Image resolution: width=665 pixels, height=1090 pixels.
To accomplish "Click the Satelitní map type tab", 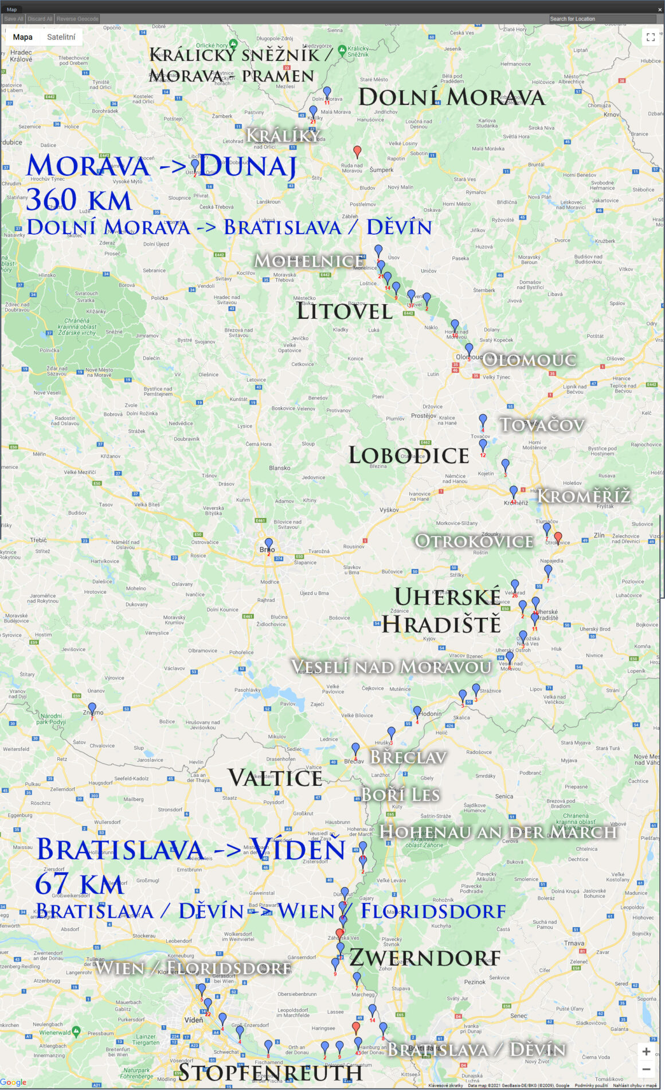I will click(x=61, y=37).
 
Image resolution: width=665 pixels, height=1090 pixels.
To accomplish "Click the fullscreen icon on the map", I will click(x=650, y=37).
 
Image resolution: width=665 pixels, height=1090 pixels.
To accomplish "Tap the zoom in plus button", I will click(x=646, y=1052).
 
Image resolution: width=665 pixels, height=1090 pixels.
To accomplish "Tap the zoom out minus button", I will click(x=646, y=1069).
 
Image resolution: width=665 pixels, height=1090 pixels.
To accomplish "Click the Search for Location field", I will click(x=602, y=19).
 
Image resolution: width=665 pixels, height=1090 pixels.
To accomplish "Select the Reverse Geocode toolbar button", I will click(x=77, y=19).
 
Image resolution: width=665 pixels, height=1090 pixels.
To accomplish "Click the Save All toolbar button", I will click(x=14, y=19).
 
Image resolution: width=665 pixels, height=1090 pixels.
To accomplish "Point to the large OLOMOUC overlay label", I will click(x=529, y=360).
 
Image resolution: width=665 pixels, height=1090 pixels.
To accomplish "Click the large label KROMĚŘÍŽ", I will click(x=584, y=496).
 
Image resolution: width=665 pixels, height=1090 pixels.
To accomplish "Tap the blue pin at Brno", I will click(x=268, y=543).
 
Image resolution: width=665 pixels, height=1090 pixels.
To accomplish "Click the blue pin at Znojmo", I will click(x=92, y=707).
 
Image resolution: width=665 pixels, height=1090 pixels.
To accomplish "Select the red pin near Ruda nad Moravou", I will click(x=357, y=150).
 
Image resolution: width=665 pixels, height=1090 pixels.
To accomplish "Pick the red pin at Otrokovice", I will click(x=558, y=536).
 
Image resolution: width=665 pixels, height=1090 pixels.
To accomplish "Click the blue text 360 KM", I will click(x=79, y=200).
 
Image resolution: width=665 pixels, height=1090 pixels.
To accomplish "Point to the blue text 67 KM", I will click(x=79, y=884).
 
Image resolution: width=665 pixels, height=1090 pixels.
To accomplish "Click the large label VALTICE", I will click(x=275, y=778).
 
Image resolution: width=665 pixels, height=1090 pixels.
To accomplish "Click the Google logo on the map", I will click(x=14, y=1082).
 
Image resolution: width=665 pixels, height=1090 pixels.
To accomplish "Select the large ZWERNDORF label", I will click(x=425, y=957).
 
